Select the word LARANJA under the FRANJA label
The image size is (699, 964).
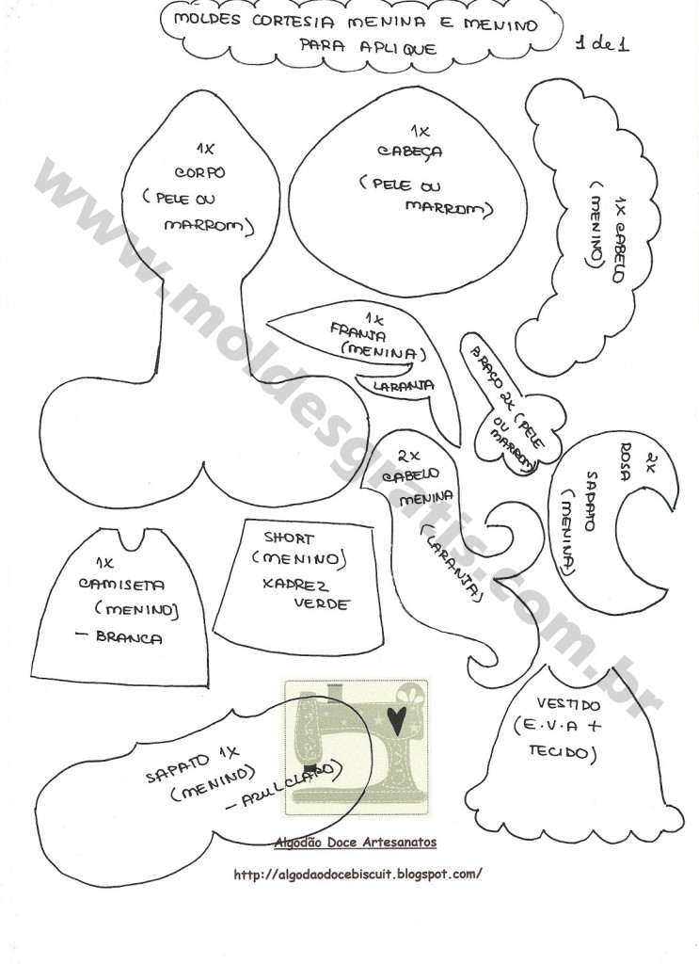pyautogui.click(x=403, y=385)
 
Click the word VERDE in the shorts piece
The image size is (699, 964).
pyautogui.click(x=323, y=603)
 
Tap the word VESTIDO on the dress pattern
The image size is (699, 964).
pyautogui.click(x=567, y=704)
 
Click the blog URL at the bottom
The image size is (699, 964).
pyautogui.click(x=357, y=874)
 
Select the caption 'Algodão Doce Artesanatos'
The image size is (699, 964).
pyautogui.click(x=355, y=843)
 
